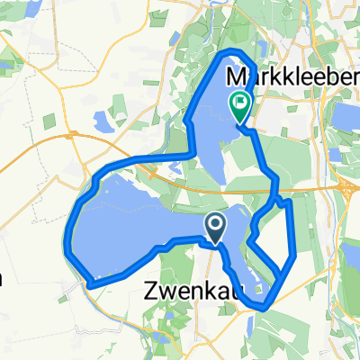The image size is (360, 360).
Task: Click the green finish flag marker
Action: pos(240,106)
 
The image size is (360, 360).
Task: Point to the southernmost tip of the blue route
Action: pos(261,307)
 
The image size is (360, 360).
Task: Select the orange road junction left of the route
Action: pos(72,140)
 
